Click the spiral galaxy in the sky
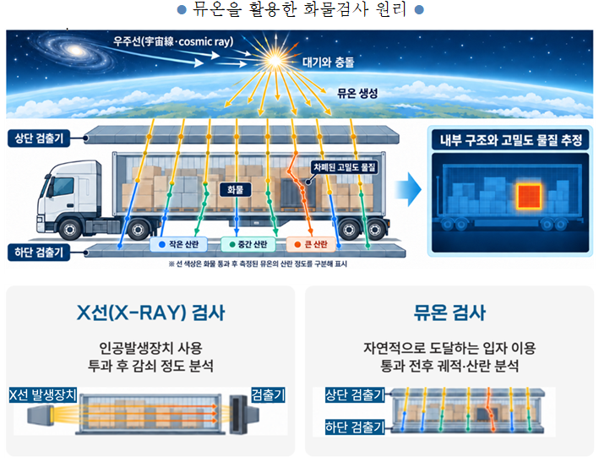tap(74, 52)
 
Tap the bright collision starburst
tap(275, 60)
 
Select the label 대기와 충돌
tap(328, 63)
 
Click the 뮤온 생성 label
tap(357, 93)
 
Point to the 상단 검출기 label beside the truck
tap(39, 138)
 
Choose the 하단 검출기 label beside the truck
tap(39, 252)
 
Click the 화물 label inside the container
tap(236, 189)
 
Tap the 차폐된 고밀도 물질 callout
tap(345, 167)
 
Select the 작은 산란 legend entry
tap(178, 244)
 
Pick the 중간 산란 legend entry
tap(248, 244)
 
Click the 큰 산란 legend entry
tap(311, 244)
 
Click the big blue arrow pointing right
tap(407, 189)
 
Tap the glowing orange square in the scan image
tap(529, 196)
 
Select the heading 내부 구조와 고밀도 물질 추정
tap(511, 140)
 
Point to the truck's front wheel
tap(70, 229)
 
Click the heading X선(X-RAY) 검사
tap(151, 313)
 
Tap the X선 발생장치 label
tap(43, 394)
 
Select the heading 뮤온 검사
tap(449, 313)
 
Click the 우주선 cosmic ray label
tap(173, 41)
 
